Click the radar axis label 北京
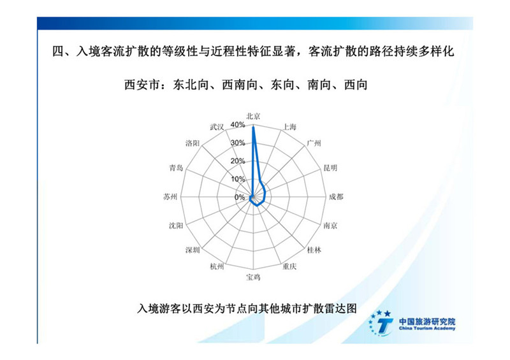[x=253, y=116]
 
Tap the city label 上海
[x=289, y=127]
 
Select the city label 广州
[x=314, y=143]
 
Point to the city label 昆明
[x=330, y=168]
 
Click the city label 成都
[x=336, y=197]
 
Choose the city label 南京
[x=330, y=226]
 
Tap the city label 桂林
[x=314, y=250]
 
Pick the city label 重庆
[x=289, y=266]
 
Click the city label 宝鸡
[x=253, y=277]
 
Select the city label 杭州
[x=217, y=266]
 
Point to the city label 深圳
[x=193, y=250]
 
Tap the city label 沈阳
[x=176, y=226]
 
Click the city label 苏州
[x=170, y=197]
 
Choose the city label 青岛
[x=176, y=168]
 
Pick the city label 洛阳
[x=193, y=143]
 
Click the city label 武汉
[x=217, y=127]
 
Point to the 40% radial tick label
[x=238, y=125]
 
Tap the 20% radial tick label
[x=238, y=161]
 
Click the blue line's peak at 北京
[x=253, y=127]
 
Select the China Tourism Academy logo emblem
[x=381, y=322]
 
